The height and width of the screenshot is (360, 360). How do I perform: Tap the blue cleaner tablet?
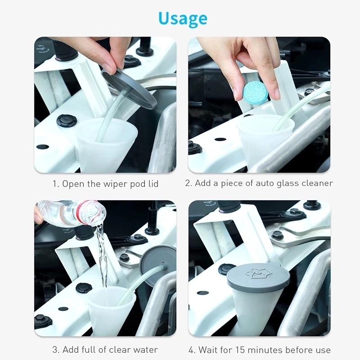pyautogui.click(x=255, y=94)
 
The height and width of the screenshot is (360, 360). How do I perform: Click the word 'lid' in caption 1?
pyautogui.click(x=153, y=184)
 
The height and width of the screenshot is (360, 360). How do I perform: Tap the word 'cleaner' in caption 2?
pyautogui.click(x=317, y=183)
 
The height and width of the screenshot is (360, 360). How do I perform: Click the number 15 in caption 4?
pyautogui.click(x=243, y=350)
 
